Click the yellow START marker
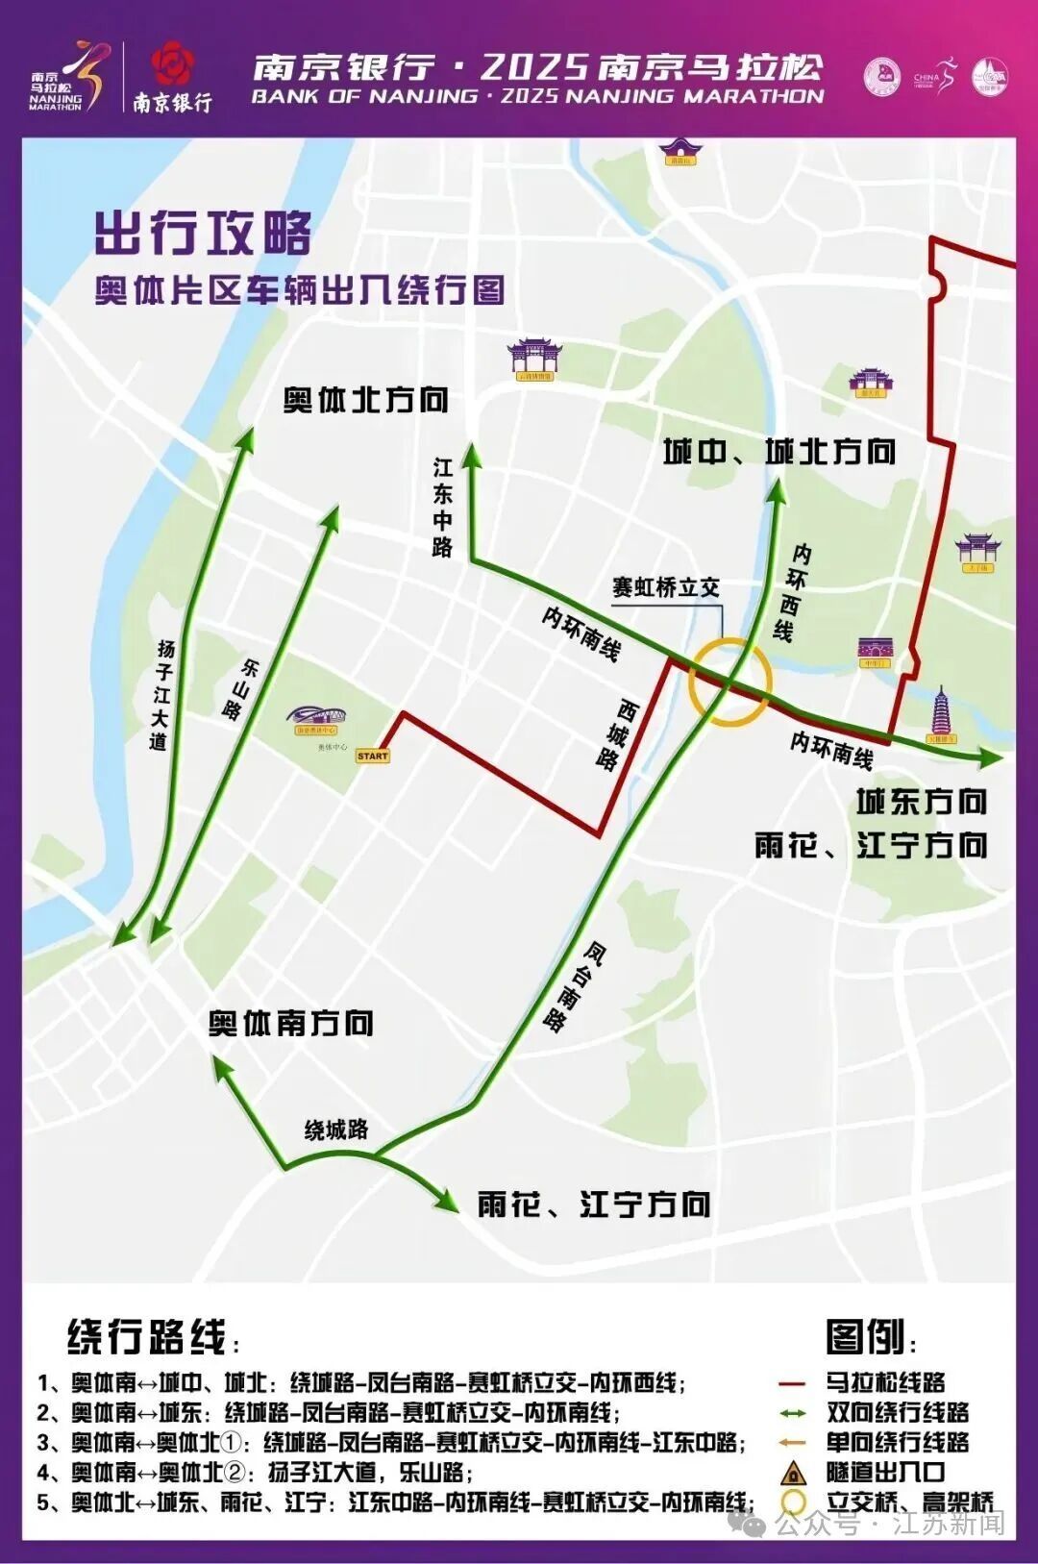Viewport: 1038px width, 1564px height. coord(373,756)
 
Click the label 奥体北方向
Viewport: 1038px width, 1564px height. coord(365,400)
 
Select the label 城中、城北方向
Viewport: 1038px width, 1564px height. coord(779,451)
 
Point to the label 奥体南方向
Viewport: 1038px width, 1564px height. coord(291,1023)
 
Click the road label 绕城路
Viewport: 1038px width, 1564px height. coord(336,1130)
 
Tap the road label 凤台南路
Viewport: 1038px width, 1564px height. coord(575,987)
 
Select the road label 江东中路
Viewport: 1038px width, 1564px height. coord(442,507)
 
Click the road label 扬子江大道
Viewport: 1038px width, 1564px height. coord(161,694)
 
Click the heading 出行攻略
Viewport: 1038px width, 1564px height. coord(203,233)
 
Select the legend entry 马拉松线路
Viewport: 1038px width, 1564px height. coord(884,1382)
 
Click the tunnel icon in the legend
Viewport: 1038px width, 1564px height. coord(793,1472)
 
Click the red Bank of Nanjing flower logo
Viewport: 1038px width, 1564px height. coord(173,65)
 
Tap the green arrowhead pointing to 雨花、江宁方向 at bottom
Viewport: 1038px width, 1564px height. coord(449,1203)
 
